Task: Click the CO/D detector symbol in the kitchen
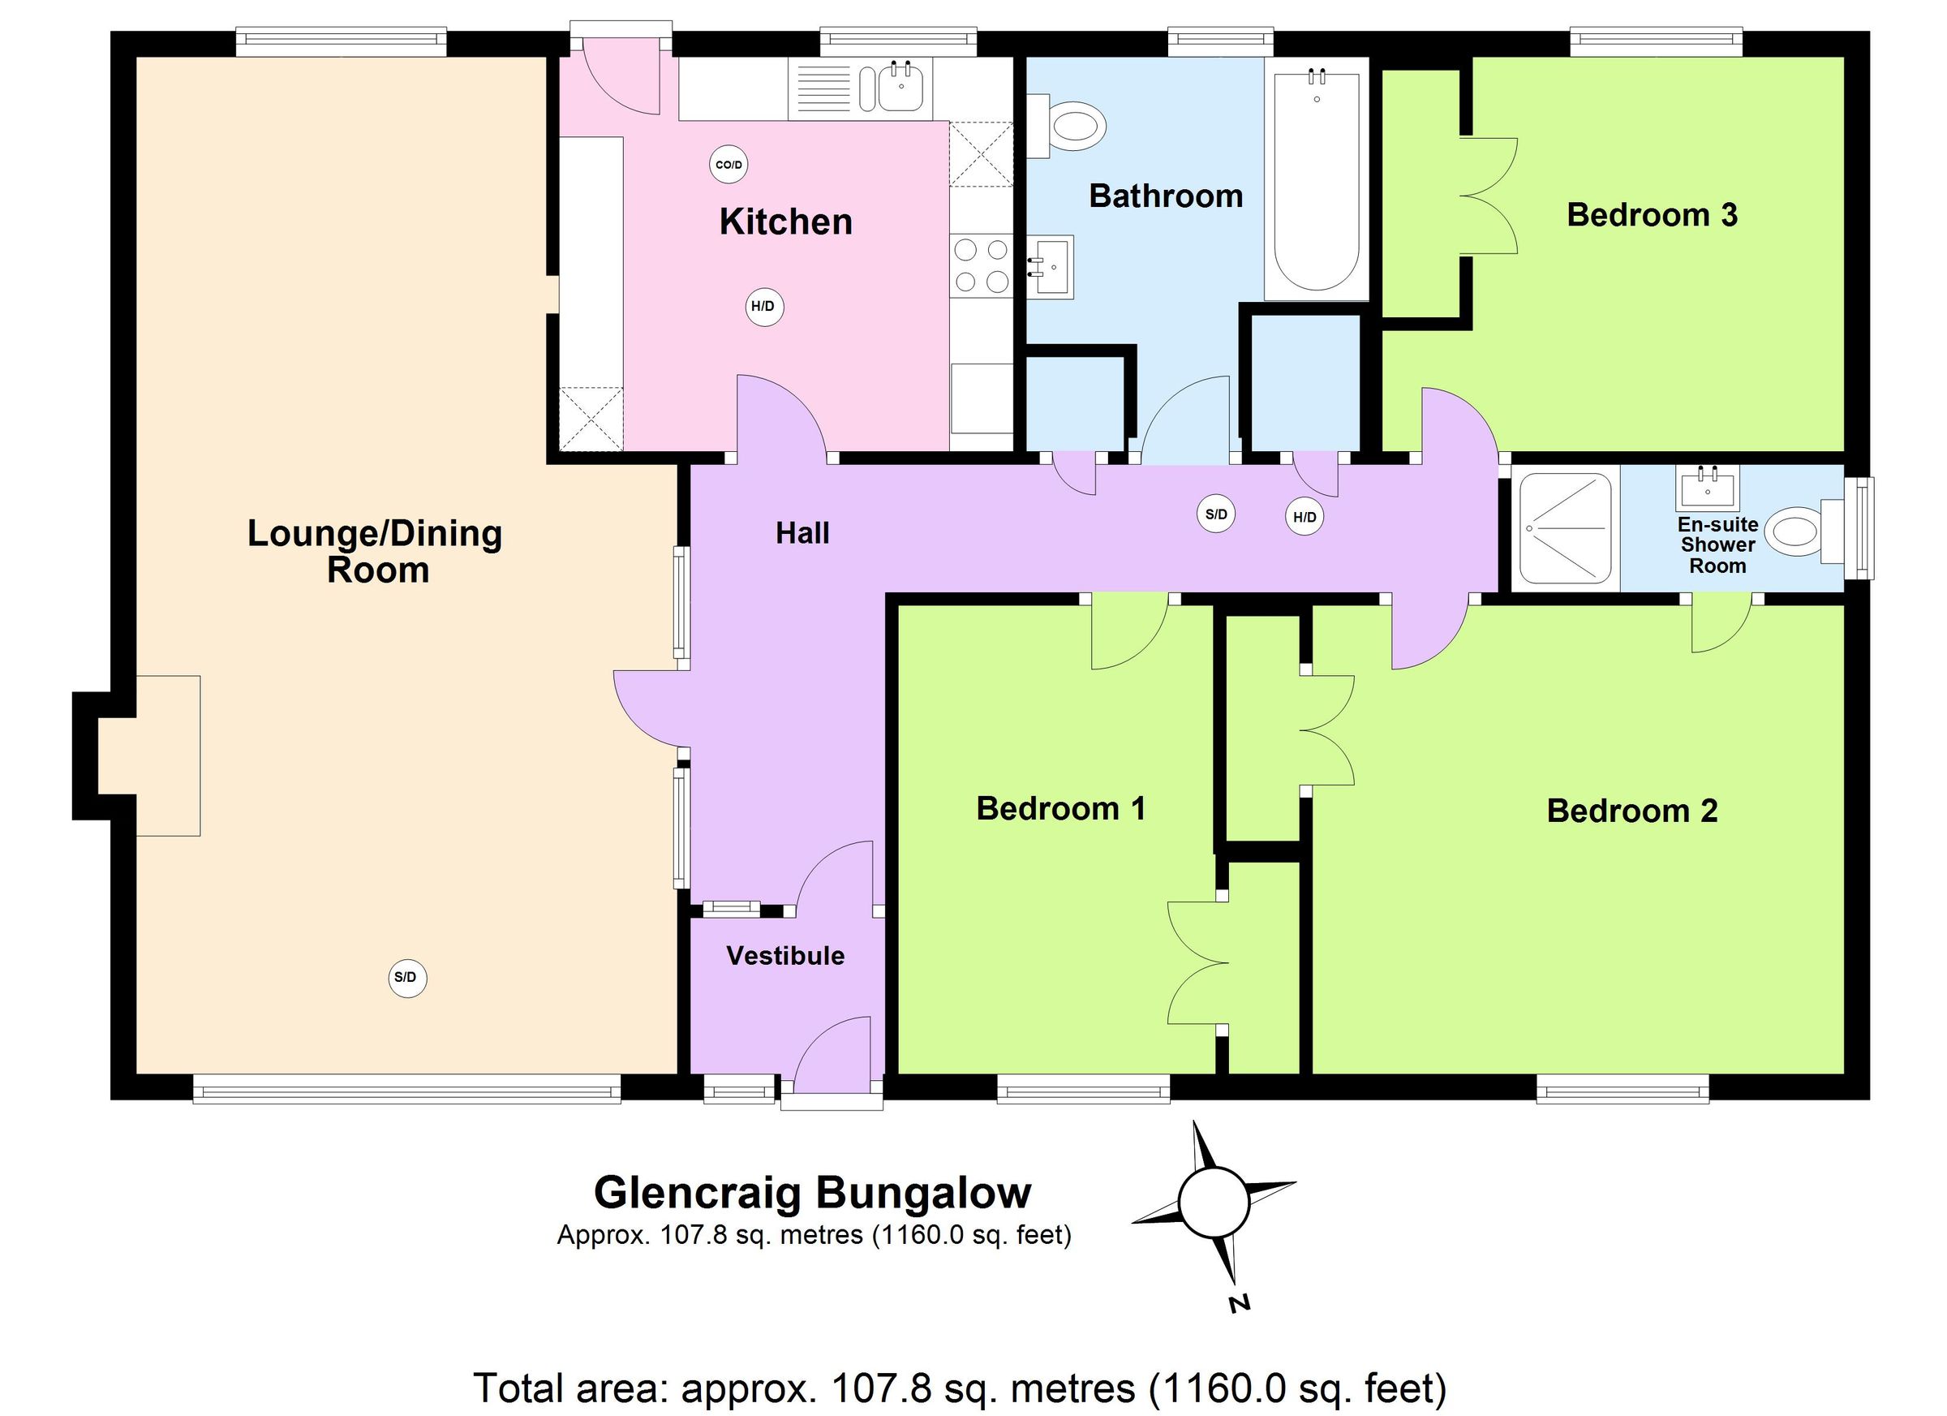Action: tap(728, 164)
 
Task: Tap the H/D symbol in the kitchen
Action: tap(763, 307)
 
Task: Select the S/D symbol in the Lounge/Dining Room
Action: tap(407, 978)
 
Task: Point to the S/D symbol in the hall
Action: tap(1216, 514)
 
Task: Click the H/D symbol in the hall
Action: tap(1304, 517)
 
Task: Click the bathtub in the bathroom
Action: tap(1316, 180)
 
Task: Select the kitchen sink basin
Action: tap(900, 88)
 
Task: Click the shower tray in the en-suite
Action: tap(1565, 528)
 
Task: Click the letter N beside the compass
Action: tap(1238, 1302)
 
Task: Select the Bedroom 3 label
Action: tap(1652, 215)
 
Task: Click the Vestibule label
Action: tap(785, 956)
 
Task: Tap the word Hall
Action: tap(802, 533)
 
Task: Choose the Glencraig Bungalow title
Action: tap(812, 1193)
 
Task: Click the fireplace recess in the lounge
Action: tap(150, 755)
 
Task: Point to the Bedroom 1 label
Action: tap(1061, 809)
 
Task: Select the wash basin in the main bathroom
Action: tap(1050, 267)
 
